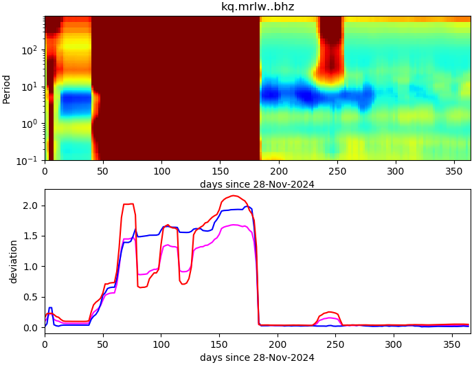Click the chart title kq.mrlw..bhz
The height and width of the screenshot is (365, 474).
tap(258, 7)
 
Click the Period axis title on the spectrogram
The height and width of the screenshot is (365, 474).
tap(7, 88)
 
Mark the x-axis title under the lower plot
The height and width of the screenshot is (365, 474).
tap(257, 357)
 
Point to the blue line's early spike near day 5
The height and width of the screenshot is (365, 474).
tap(50, 308)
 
